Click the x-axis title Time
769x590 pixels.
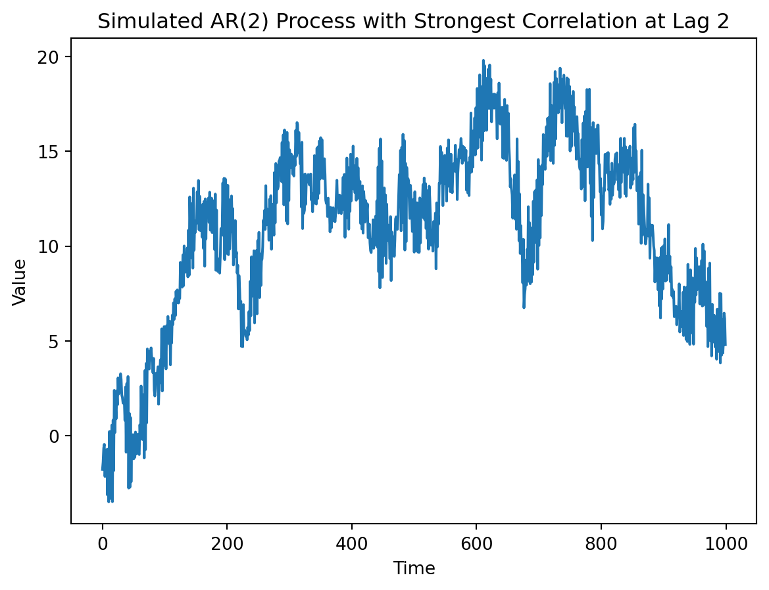pos(414,568)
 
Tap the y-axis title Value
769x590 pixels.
pos(20,282)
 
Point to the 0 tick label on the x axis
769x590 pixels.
pos(102,543)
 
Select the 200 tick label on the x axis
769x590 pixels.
pos(227,543)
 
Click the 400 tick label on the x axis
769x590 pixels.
pos(351,543)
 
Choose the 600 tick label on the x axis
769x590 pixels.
pos(476,543)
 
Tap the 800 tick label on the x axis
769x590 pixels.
pos(601,543)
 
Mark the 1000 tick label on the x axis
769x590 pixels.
pos(726,543)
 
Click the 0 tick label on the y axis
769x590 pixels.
pos(55,436)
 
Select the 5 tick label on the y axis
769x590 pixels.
pos(55,342)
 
